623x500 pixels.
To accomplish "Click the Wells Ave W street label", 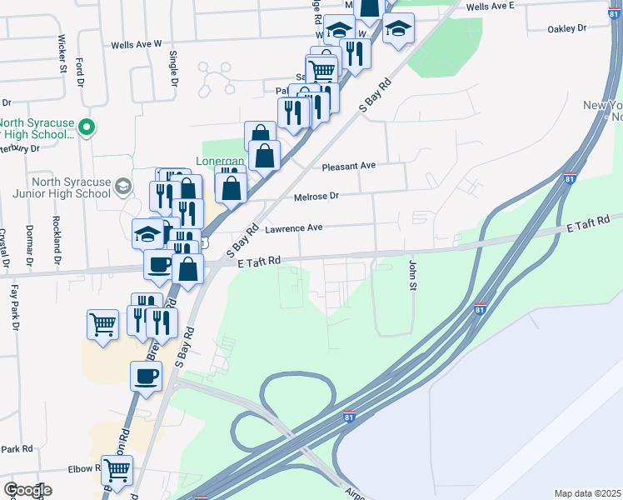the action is [x=134, y=43].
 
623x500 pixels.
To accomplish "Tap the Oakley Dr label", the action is [x=567, y=28].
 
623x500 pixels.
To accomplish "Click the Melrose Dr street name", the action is [x=316, y=197].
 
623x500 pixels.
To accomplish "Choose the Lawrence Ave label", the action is [x=293, y=227].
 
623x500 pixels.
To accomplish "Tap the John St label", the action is [x=411, y=275].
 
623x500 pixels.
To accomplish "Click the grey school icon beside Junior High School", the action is [x=123, y=185].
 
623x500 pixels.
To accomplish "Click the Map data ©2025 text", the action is [x=586, y=493].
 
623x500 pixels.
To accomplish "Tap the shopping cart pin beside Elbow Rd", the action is [x=117, y=470].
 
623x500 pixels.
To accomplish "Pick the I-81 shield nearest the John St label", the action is [x=480, y=309].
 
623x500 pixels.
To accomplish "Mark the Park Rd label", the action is [x=16, y=448].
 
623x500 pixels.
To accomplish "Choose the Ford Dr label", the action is [x=80, y=67].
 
